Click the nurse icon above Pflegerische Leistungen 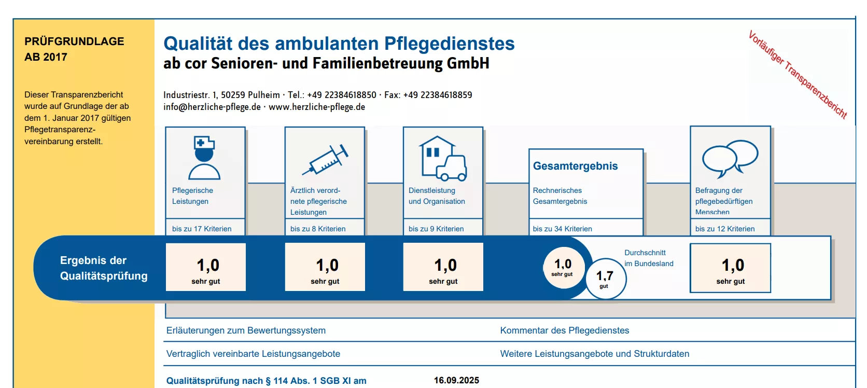(204, 158)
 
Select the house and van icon (443, 158)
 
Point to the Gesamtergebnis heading (575, 166)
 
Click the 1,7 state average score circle (605, 279)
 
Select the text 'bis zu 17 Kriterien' (202, 229)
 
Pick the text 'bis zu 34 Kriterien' (562, 229)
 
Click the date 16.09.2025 (456, 380)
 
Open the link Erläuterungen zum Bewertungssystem (246, 330)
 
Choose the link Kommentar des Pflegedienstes (564, 330)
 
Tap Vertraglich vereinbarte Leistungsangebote (253, 354)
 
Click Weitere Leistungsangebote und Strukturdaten (594, 354)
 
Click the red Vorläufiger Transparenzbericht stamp (797, 75)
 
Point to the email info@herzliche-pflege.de (212, 107)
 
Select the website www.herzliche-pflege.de (317, 107)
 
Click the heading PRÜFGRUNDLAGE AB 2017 (74, 49)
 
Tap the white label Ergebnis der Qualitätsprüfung (104, 268)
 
